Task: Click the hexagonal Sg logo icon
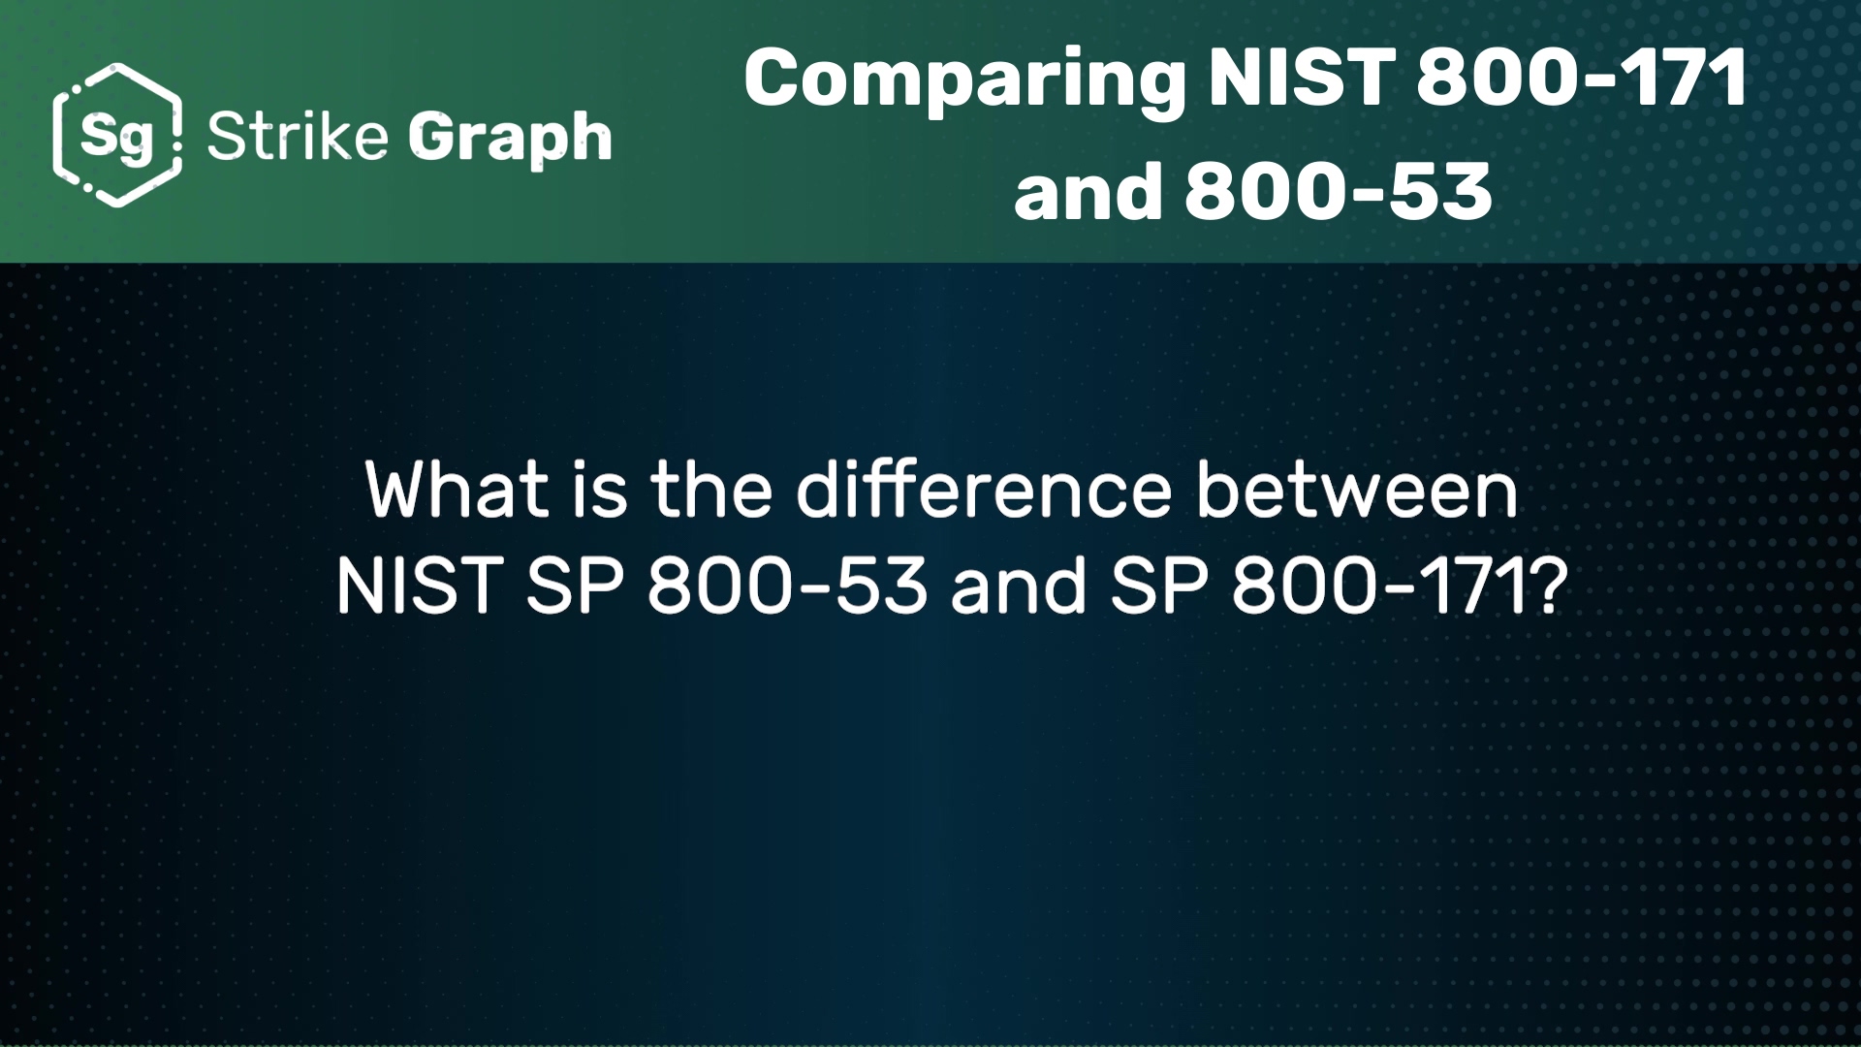tap(117, 135)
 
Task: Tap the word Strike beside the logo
tap(298, 136)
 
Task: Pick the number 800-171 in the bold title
tap(1582, 78)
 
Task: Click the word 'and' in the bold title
tap(1088, 190)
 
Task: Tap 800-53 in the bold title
tap(1338, 190)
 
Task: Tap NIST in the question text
tap(419, 587)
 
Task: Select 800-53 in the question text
tap(788, 587)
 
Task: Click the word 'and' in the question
tap(1019, 587)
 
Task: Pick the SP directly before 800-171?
tap(1159, 587)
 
